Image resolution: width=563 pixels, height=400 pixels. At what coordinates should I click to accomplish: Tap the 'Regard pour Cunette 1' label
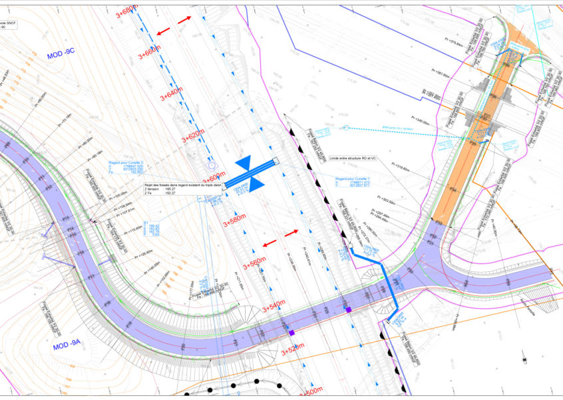click(351, 179)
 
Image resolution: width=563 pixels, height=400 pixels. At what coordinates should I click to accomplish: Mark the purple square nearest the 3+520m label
click(291, 331)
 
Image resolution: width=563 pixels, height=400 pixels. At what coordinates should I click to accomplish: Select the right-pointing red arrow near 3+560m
click(292, 233)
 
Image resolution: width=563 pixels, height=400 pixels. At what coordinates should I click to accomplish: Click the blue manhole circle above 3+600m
click(212, 164)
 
